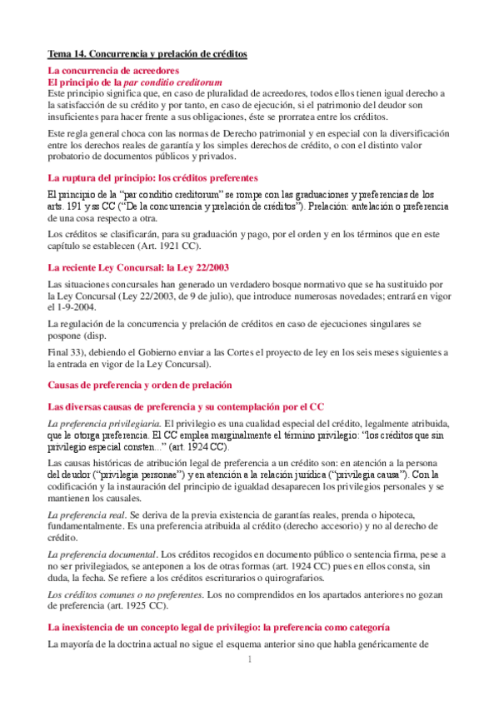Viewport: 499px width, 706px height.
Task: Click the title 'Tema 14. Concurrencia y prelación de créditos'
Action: pos(147,53)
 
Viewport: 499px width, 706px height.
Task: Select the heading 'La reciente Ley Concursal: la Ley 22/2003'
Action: pos(138,267)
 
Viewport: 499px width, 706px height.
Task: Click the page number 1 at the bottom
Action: pos(249,660)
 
